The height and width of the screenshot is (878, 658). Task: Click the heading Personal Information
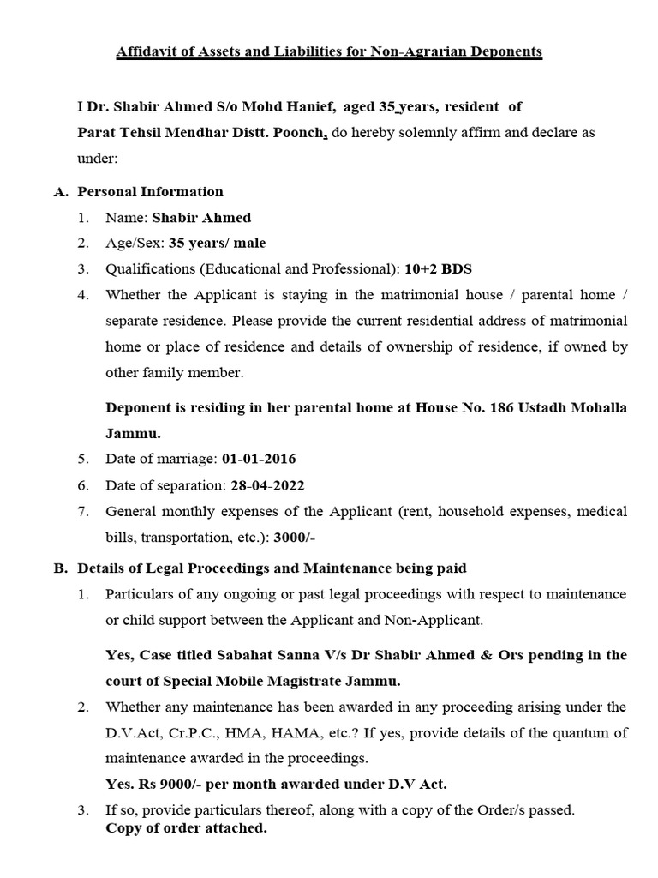pyautogui.click(x=150, y=192)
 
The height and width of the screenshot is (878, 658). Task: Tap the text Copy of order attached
pyautogui.click(x=186, y=828)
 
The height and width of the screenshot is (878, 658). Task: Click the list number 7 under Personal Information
pyautogui.click(x=83, y=511)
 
